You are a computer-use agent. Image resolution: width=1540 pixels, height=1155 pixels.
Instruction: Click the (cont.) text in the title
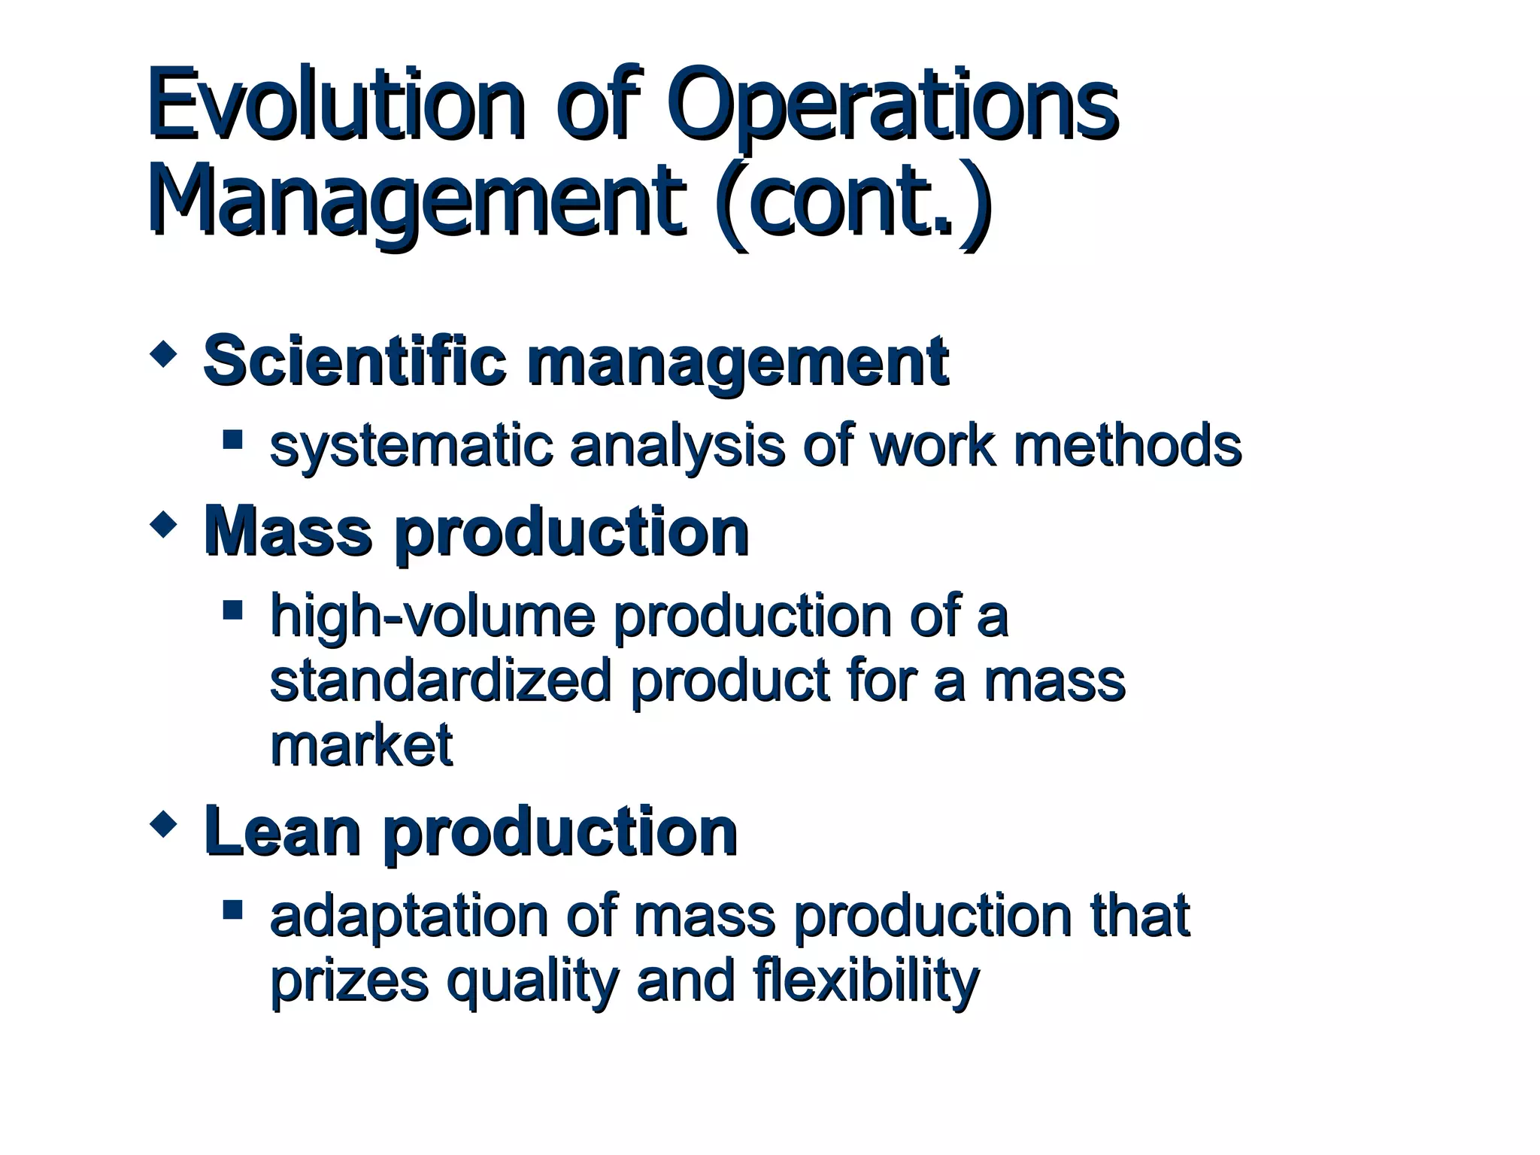point(853,201)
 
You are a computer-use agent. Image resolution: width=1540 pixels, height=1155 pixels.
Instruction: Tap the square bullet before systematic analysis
point(233,438)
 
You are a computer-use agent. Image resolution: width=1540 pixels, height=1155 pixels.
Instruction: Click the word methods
point(1127,445)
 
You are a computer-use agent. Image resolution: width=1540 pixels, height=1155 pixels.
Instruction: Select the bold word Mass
point(288,532)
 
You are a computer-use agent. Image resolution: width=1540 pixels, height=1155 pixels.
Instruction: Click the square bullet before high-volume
point(233,608)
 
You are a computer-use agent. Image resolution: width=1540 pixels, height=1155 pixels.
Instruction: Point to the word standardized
point(440,681)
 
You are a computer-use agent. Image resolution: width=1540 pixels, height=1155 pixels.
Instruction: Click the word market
point(361,744)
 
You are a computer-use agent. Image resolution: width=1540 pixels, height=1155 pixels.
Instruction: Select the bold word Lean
point(282,832)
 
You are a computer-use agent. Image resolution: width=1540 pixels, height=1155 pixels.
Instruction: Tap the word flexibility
point(865,981)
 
